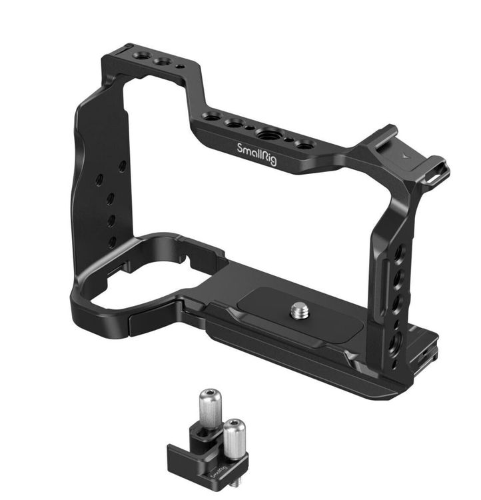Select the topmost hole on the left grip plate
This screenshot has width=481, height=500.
tap(123, 166)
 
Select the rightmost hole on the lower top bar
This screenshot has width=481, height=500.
tap(304, 145)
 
